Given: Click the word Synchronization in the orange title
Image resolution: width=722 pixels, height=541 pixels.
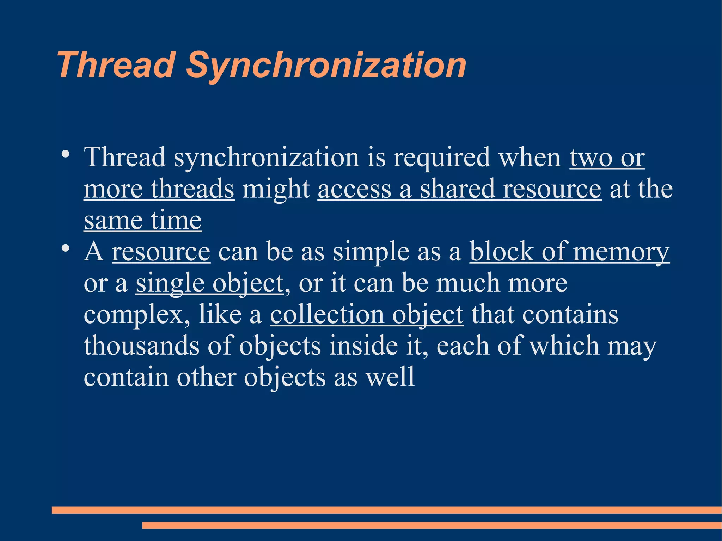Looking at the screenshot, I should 326,65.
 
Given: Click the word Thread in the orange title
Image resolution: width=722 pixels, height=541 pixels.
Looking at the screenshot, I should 116,65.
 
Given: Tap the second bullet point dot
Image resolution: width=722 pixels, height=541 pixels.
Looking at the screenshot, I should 65,248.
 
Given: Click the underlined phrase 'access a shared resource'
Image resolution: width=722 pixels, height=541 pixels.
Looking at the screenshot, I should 459,189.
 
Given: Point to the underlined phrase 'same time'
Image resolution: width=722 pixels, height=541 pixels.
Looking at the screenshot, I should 143,221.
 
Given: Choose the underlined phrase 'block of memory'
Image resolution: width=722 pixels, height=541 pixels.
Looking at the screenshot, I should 569,252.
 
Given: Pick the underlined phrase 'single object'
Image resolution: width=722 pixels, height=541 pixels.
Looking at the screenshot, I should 210,283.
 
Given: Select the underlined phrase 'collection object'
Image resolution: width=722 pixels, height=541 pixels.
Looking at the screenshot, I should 367,314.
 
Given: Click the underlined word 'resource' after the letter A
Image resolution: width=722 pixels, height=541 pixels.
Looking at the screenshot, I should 161,252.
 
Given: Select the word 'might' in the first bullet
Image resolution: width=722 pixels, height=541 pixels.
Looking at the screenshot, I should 276,189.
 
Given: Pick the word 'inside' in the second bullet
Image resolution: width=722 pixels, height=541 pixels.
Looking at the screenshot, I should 363,346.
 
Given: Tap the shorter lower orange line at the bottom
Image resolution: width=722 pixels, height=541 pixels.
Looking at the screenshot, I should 432,525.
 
